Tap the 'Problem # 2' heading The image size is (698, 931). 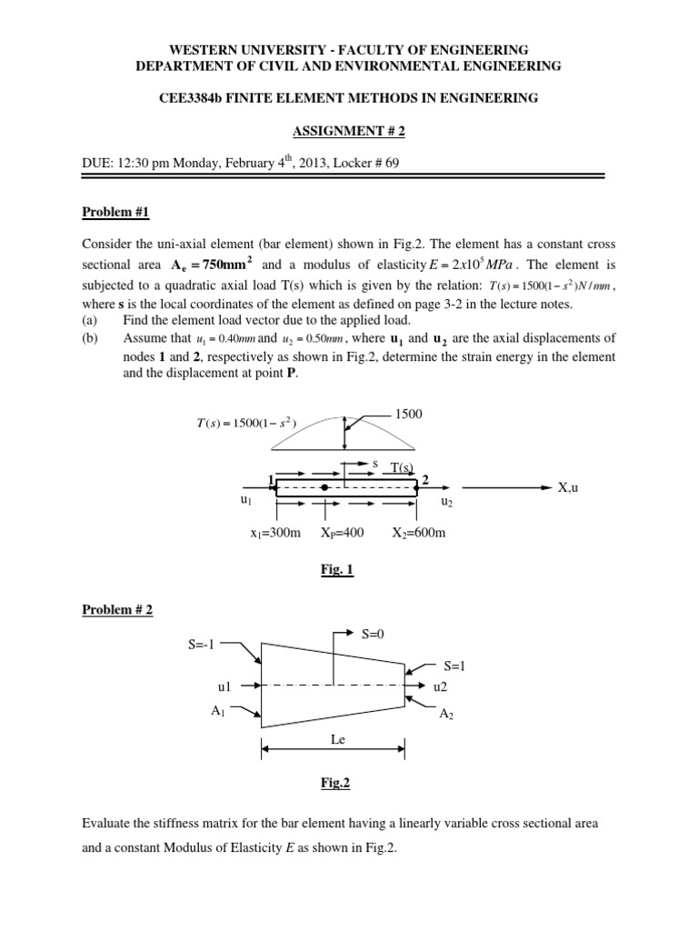click(x=116, y=609)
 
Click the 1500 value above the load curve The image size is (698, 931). click(x=409, y=414)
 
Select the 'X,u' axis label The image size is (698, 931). click(x=568, y=488)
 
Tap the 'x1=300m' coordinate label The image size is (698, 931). click(x=275, y=533)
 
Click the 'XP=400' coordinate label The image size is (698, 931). click(x=342, y=533)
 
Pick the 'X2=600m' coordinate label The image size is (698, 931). click(x=419, y=533)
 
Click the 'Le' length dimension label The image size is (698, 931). click(x=335, y=742)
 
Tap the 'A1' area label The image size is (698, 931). click(x=218, y=713)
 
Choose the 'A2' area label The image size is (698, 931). click(x=446, y=715)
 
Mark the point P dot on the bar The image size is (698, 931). click(x=324, y=488)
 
